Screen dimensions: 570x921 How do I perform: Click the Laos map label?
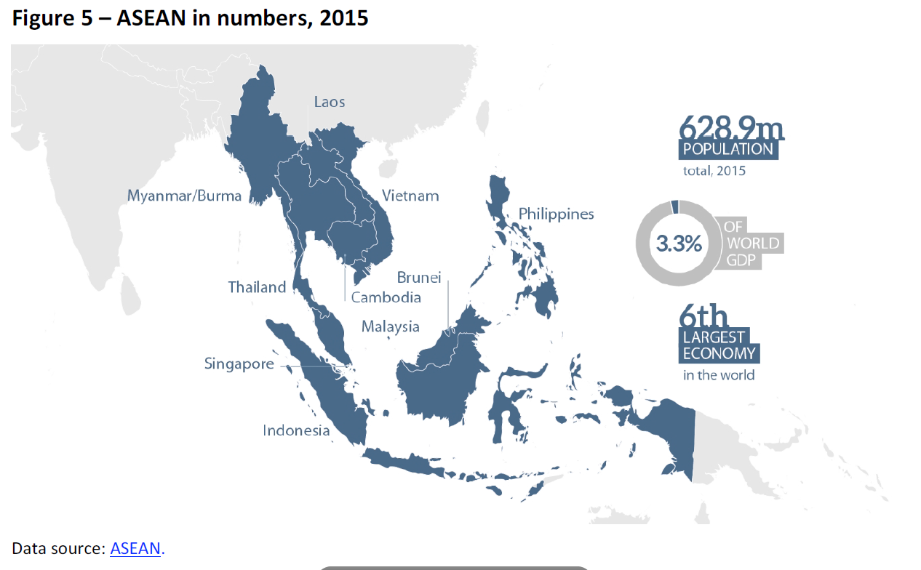330,102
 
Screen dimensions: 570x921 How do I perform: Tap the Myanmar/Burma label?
184,196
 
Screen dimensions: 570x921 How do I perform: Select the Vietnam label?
410,196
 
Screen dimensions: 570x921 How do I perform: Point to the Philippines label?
556,214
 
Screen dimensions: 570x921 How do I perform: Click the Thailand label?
257,287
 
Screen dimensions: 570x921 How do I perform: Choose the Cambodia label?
386,297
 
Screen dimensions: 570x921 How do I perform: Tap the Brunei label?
419,278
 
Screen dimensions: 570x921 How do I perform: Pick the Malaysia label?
390,326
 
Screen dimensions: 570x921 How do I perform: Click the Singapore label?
239,364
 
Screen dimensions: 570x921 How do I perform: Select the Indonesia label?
296,430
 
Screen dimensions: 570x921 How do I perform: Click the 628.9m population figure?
731,128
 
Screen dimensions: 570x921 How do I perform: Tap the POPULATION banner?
728,150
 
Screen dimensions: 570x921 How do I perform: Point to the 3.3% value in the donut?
679,244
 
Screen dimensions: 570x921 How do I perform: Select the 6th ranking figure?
703,317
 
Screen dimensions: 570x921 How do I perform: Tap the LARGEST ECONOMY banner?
719,345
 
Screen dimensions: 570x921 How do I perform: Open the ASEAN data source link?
135,548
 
